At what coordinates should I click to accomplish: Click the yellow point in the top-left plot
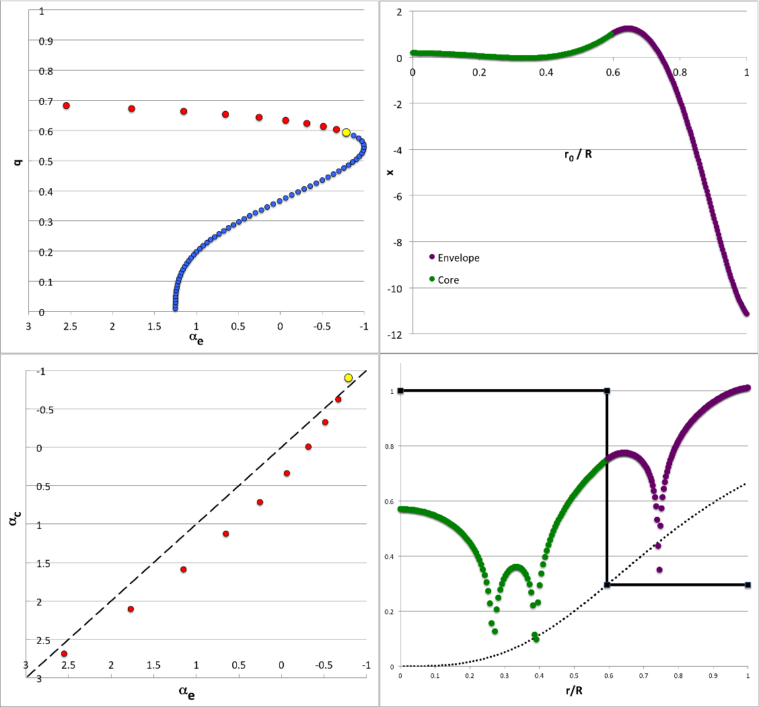point(346,132)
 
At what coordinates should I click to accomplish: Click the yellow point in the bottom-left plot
point(348,378)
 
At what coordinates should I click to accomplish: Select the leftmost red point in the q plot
point(67,106)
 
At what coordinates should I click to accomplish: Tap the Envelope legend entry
point(458,257)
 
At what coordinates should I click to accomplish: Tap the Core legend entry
point(448,280)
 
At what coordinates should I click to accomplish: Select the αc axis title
point(13,524)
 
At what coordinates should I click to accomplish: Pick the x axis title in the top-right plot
point(390,172)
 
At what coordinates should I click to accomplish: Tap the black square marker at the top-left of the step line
point(400,390)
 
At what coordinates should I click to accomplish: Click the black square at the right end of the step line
point(748,585)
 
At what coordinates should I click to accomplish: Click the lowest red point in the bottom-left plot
point(64,653)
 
